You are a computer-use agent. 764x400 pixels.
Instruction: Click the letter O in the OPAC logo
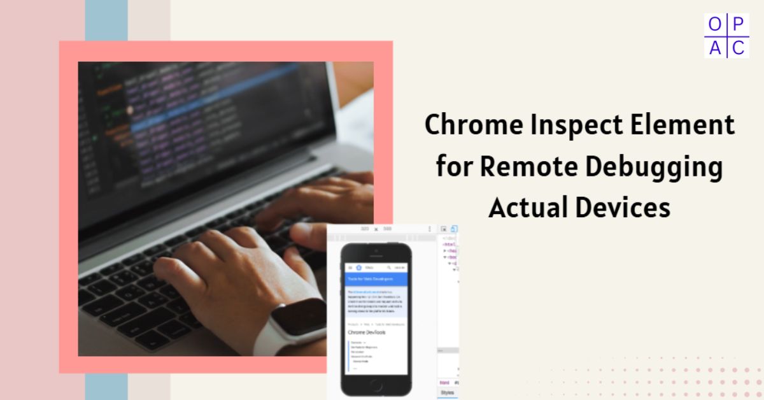pyautogui.click(x=715, y=25)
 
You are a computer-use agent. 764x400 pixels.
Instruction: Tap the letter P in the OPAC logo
pyautogui.click(x=738, y=25)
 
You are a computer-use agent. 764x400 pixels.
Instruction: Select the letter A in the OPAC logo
pyautogui.click(x=715, y=47)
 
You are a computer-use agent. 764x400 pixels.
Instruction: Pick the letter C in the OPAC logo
pyautogui.click(x=738, y=47)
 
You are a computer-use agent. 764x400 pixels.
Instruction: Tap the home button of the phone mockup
pyautogui.click(x=375, y=385)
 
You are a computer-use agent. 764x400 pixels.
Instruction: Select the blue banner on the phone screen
pyautogui.click(x=375, y=279)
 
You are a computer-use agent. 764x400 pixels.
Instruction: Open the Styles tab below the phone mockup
pyautogui.click(x=447, y=392)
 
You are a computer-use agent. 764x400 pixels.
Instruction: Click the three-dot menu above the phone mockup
pyautogui.click(x=430, y=229)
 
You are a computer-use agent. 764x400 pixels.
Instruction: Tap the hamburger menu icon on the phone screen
pyautogui.click(x=350, y=268)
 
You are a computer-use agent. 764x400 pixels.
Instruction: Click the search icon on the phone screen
pyautogui.click(x=388, y=268)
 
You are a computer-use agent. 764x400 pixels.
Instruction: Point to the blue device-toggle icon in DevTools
pyautogui.click(x=454, y=229)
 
